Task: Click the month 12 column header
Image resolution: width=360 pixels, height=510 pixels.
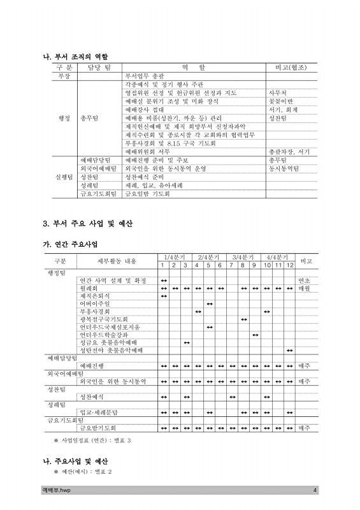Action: (290, 265)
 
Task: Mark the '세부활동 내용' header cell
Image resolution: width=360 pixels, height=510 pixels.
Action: (117, 261)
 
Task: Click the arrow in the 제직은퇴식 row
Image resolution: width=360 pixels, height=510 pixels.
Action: (164, 295)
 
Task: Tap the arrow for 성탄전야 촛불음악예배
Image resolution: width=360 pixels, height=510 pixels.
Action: (290, 350)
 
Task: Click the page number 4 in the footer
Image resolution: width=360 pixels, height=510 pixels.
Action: (315, 490)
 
